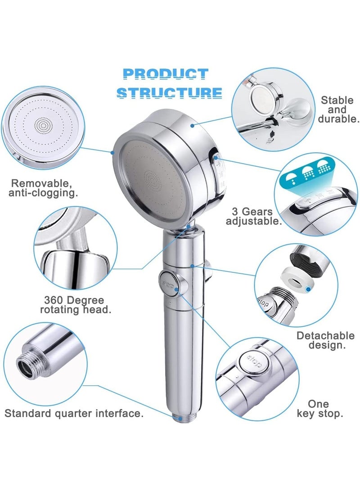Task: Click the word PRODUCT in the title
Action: point(165,74)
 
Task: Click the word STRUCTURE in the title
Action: point(169,92)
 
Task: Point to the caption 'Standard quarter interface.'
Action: point(74,413)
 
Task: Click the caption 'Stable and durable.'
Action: point(340,109)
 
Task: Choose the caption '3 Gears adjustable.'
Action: point(254,216)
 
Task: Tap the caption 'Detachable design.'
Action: point(325,341)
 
